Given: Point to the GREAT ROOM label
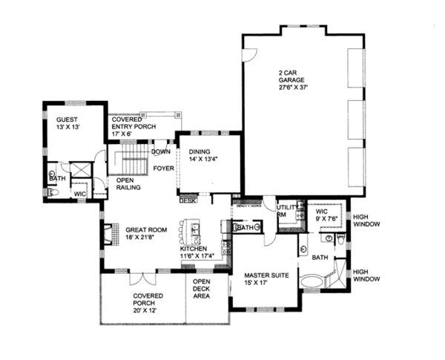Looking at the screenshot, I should pos(139,233).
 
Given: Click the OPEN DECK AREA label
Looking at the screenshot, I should pos(201,289).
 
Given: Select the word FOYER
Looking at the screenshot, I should pos(163,168).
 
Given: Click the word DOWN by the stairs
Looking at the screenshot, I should pos(161,151).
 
